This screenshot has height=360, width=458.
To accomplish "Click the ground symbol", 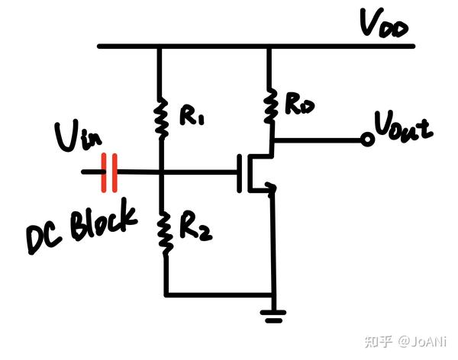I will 272,313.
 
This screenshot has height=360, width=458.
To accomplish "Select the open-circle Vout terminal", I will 367,140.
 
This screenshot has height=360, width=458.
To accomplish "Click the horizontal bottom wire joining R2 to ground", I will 218,294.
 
